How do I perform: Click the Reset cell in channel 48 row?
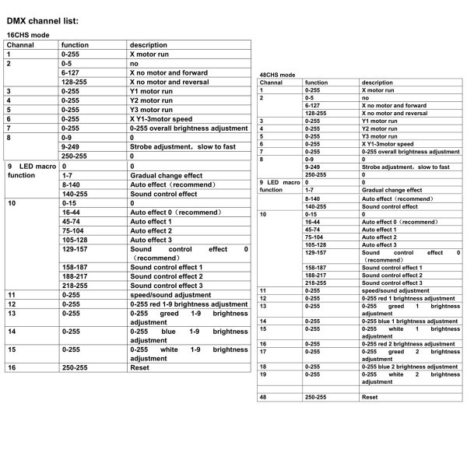pyautogui.click(x=370, y=397)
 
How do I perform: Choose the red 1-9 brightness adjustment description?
pyautogui.click(x=188, y=304)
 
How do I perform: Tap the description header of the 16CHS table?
pyautogui.click(x=148, y=45)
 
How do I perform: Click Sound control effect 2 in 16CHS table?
pyautogui.click(x=166, y=276)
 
